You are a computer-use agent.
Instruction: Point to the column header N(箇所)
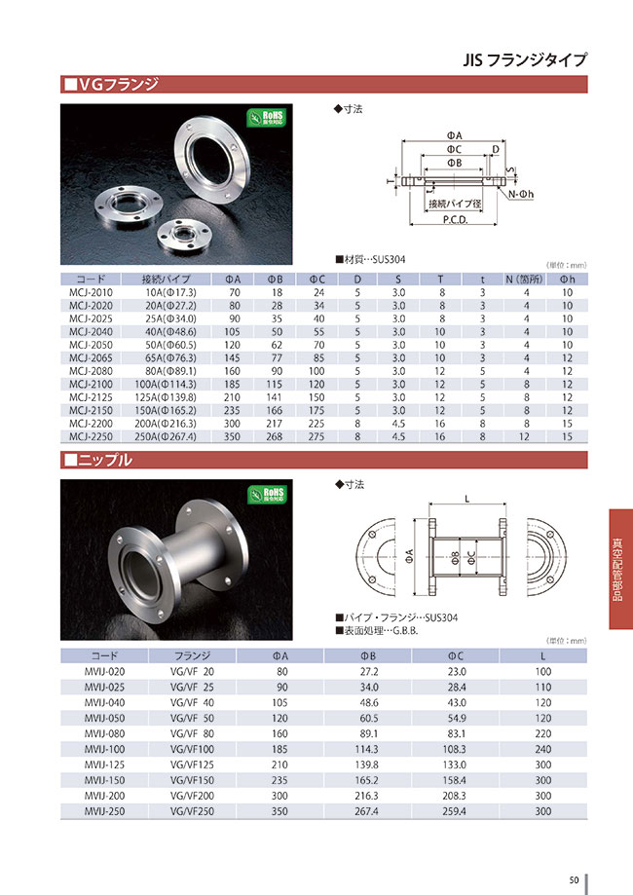pos(527,279)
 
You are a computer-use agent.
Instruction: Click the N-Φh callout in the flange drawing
pos(522,194)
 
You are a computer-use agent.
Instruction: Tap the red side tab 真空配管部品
pos(619,571)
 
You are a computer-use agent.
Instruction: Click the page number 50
pos(575,880)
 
